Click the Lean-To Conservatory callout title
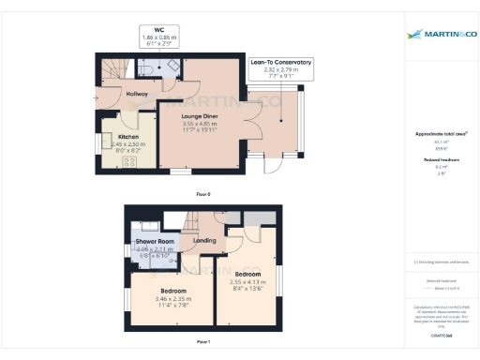tap(280, 62)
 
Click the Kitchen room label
tap(127, 136)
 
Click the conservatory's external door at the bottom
tap(274, 165)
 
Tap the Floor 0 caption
tap(202, 193)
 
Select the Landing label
tap(204, 241)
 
